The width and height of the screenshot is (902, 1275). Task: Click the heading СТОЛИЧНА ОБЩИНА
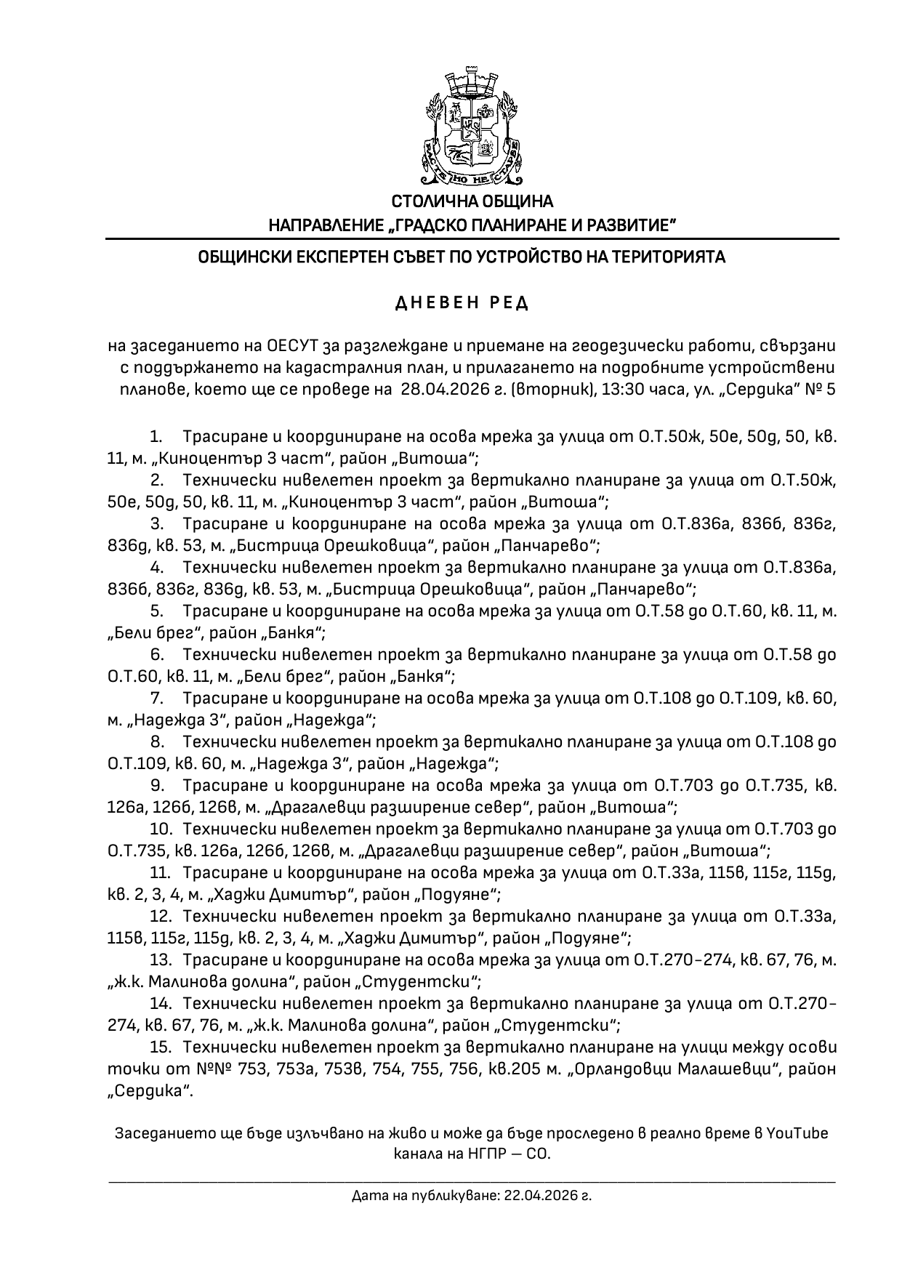pos(472,201)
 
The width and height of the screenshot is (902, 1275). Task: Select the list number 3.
pos(156,524)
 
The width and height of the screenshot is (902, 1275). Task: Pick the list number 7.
pos(156,699)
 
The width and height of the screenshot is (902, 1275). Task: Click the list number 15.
pos(160,1047)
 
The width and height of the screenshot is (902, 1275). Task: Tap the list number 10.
pos(160,829)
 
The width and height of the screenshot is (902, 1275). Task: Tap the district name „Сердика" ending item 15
pos(150,1091)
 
